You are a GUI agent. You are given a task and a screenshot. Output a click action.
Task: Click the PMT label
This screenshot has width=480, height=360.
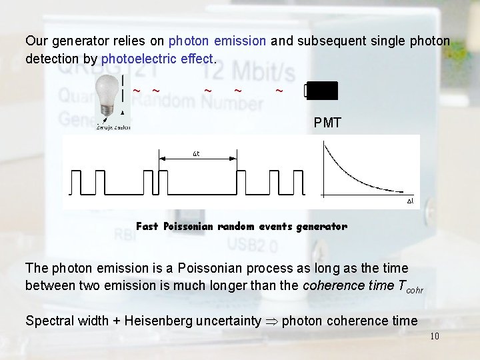click(327, 123)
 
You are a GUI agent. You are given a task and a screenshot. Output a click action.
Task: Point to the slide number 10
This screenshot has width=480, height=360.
click(434, 336)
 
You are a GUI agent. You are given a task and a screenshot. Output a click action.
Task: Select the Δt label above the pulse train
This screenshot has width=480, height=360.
click(197, 154)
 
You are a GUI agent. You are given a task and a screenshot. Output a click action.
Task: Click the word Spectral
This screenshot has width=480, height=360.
click(50, 321)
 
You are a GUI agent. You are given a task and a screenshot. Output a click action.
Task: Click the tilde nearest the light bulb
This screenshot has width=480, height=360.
click(136, 90)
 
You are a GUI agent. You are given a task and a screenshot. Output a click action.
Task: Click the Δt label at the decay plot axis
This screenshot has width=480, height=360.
click(411, 200)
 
